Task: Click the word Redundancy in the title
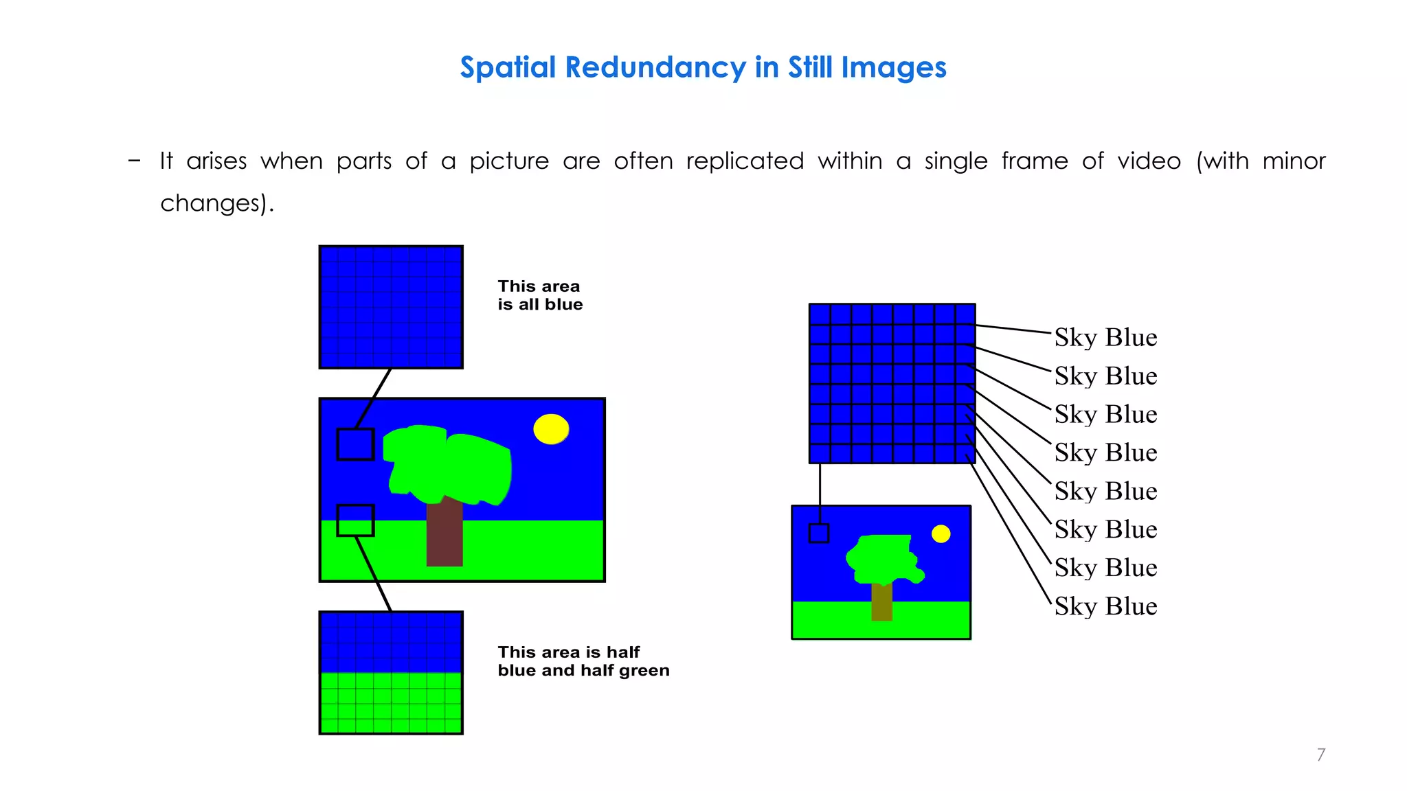(655, 68)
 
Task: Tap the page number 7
(1320, 755)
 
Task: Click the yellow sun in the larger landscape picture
(551, 429)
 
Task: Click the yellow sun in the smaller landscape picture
(941, 534)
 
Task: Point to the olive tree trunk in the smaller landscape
(881, 601)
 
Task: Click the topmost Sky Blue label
(1105, 338)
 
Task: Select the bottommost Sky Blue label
(1105, 607)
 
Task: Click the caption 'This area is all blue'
(540, 295)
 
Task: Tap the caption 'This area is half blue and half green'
(583, 661)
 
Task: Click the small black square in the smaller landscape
(819, 534)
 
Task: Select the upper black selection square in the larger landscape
(355, 444)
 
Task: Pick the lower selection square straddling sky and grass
(355, 520)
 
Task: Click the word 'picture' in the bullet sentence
(509, 161)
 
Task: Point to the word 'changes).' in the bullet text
(217, 203)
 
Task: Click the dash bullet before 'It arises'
(134, 161)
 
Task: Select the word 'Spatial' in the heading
(508, 68)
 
